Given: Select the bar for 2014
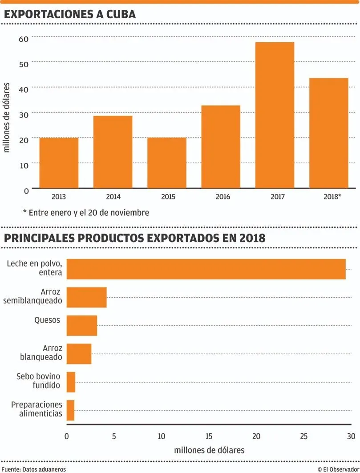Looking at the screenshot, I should [113, 152].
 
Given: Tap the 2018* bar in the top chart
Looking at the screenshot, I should [328, 133].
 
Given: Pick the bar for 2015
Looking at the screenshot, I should [167, 163].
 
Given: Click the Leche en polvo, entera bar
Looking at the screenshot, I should [206, 269].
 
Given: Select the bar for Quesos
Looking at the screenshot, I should [82, 325].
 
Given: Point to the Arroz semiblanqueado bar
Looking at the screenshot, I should [86, 297].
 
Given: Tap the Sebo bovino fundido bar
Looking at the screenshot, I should [71, 382].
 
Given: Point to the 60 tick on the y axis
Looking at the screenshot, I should [24, 39].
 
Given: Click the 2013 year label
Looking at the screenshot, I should [59, 196].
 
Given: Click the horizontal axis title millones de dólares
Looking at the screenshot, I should [209, 450].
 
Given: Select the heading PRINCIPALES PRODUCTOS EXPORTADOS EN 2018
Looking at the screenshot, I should [135, 238].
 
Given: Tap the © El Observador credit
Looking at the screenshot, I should [338, 469].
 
